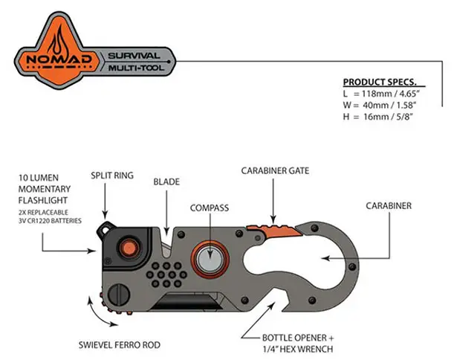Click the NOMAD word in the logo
click(x=59, y=60)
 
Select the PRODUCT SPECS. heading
click(x=380, y=83)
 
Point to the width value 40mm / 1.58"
click(x=389, y=105)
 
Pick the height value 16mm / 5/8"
click(x=388, y=117)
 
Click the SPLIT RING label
click(x=112, y=176)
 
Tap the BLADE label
click(x=166, y=181)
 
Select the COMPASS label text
click(x=210, y=208)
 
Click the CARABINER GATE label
click(x=275, y=170)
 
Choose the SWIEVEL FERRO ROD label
click(x=120, y=345)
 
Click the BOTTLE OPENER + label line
click(x=298, y=338)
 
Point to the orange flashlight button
click(x=129, y=248)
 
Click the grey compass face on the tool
click(x=210, y=260)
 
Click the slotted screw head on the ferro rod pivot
click(x=119, y=295)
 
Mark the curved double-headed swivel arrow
click(x=100, y=312)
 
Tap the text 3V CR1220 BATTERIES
click(x=50, y=221)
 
